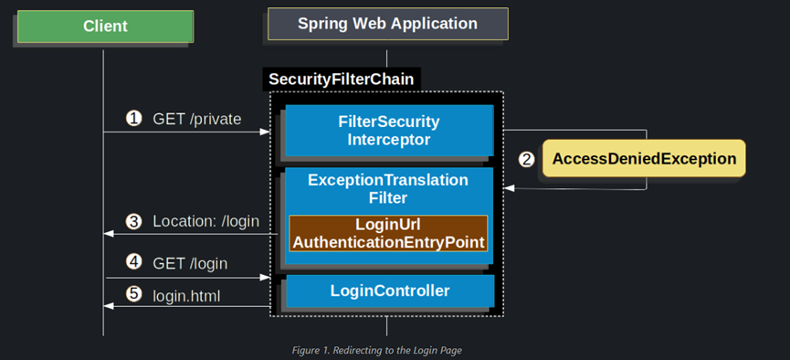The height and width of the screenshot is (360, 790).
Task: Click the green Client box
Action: click(105, 26)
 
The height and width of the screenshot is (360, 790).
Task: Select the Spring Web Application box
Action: click(388, 24)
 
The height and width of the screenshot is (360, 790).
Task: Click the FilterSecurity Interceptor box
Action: click(388, 131)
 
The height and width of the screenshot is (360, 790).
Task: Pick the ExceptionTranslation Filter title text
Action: click(388, 188)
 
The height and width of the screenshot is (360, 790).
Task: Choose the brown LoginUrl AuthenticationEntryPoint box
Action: click(388, 233)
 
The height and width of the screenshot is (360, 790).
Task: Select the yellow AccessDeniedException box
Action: click(644, 158)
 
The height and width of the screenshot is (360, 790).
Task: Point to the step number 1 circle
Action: click(134, 118)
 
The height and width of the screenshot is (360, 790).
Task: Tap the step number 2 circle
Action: click(526, 159)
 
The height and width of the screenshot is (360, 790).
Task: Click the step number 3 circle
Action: click(134, 221)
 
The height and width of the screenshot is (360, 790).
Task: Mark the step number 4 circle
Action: click(134, 262)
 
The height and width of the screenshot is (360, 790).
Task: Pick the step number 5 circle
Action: click(134, 295)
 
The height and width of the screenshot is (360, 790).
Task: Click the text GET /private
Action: click(196, 118)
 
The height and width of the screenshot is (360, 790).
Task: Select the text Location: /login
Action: click(206, 221)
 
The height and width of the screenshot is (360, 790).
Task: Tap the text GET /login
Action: click(190, 263)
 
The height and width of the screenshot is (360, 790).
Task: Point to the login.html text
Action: click(186, 296)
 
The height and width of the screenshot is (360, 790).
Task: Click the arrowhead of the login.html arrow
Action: click(108, 307)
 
